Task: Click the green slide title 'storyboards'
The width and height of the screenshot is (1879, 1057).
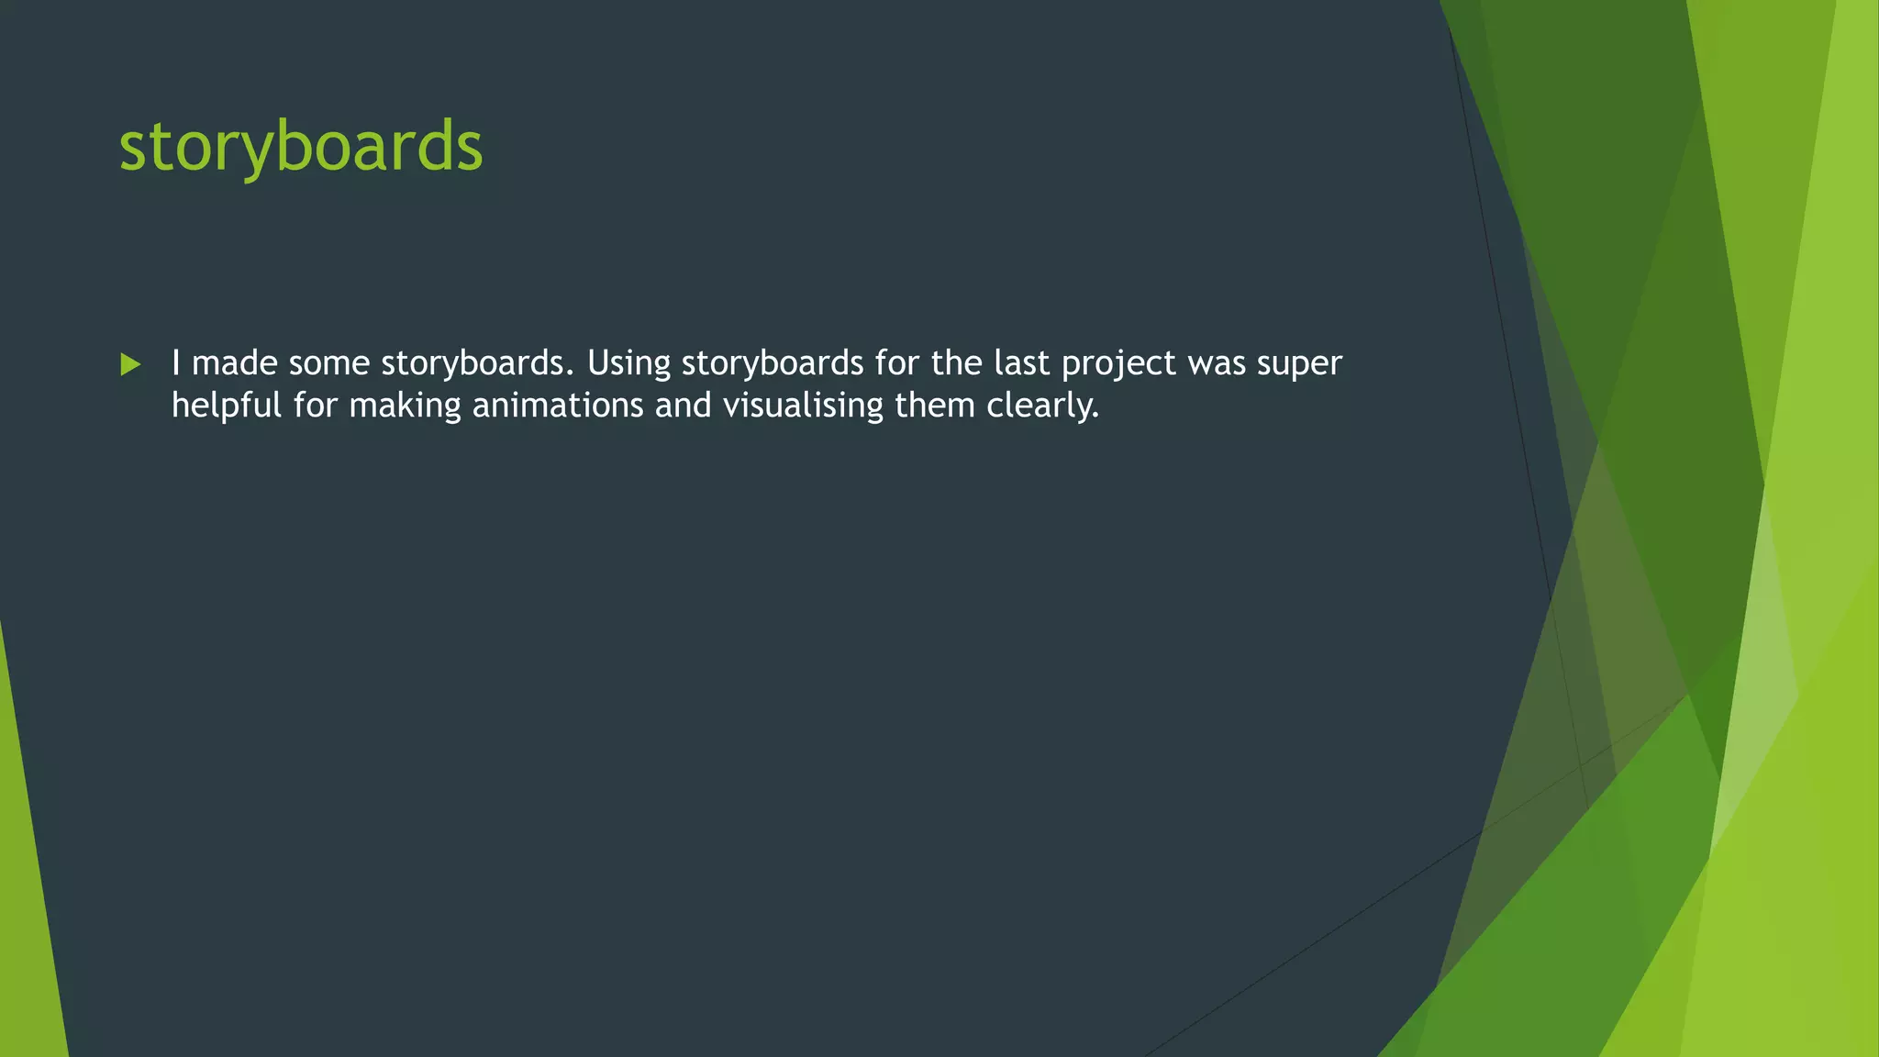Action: point(300,147)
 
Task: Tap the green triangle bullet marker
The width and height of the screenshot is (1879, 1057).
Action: point(130,365)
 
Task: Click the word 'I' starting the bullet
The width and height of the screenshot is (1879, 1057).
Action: point(176,363)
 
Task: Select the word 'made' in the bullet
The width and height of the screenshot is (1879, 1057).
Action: point(234,363)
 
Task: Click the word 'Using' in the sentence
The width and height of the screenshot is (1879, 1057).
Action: point(629,363)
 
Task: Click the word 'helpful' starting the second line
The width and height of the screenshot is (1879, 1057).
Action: point(227,406)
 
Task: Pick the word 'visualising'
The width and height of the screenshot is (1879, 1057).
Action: point(803,406)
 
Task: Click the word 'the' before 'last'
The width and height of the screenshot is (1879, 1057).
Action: point(957,363)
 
